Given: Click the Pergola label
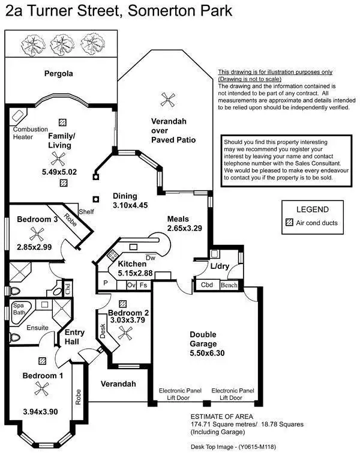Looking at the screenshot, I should point(58,74).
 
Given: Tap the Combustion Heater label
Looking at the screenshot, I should point(28,133).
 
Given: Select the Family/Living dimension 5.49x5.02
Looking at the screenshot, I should point(60,172).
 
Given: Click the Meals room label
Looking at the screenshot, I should point(179,219).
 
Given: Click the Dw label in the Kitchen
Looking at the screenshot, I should point(151,258).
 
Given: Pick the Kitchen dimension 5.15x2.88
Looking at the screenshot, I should point(135,273).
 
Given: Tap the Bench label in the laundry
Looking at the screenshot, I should point(229,285).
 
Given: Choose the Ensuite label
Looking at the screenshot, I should point(37,328).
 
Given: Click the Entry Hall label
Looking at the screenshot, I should point(75,337).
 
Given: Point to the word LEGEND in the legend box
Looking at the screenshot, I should point(312,209).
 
